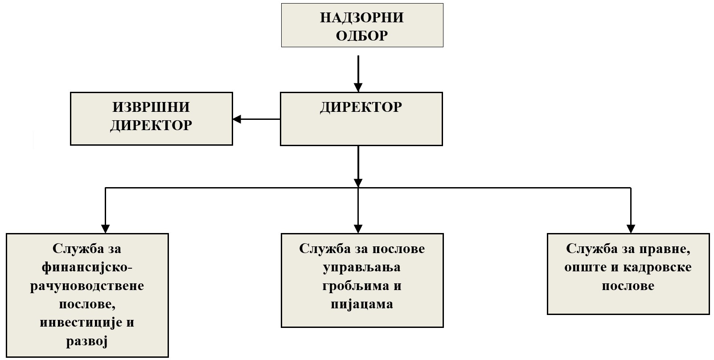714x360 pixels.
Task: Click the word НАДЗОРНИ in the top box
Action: [361, 17]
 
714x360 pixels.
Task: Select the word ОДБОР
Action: [361, 36]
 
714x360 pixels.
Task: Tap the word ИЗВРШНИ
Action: [151, 107]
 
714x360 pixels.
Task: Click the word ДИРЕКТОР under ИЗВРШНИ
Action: [151, 125]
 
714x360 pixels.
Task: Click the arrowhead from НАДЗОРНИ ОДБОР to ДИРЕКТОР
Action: [358, 86]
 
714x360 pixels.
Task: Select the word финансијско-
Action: [87, 267]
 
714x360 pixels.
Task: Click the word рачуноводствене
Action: [87, 286]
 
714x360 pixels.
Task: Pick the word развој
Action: [87, 341]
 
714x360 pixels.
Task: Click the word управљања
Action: [362, 267]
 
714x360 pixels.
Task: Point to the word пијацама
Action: [362, 304]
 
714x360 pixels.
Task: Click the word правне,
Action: [665, 249]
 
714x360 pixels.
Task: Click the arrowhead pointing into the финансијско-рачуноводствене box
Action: [105, 228]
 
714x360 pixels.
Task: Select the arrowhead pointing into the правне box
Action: [631, 228]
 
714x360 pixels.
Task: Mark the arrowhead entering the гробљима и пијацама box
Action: [358, 228]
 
